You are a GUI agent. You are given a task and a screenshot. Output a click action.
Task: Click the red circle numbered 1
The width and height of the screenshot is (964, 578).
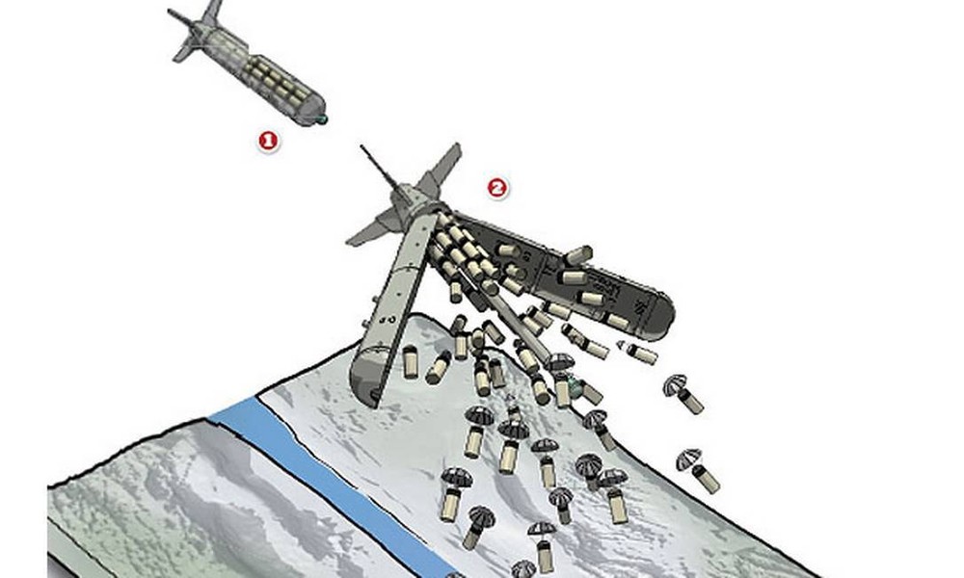pos(267,142)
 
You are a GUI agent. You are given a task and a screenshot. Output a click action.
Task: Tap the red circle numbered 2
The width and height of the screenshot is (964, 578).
pos(497,189)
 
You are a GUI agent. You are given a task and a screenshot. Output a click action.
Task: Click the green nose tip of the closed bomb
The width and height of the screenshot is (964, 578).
pos(322,118)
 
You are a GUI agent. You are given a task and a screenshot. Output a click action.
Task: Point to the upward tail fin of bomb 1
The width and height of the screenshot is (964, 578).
pos(212,12)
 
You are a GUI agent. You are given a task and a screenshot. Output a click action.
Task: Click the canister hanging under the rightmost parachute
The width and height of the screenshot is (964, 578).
pos(707,479)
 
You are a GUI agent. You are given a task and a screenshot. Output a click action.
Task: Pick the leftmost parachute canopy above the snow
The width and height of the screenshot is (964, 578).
pos(456,478)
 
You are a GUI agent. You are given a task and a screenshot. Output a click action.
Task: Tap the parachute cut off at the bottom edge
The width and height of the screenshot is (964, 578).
pos(523,569)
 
